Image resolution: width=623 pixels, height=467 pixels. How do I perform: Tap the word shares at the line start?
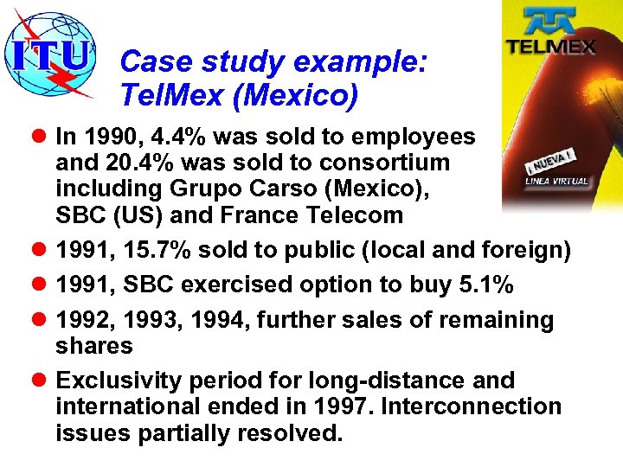tap(94, 346)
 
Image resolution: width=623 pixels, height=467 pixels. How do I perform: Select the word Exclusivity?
tap(120, 381)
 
